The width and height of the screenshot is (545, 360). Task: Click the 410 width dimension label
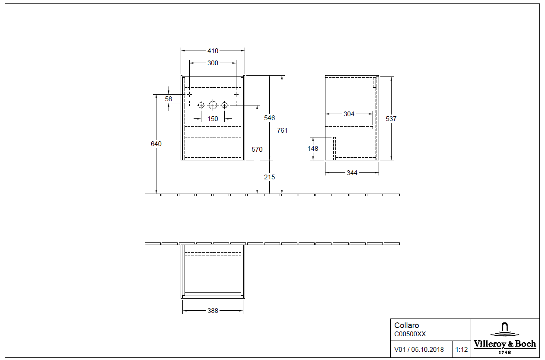213,51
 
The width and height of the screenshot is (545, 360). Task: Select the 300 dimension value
213,63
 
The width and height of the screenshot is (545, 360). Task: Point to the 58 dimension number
169,99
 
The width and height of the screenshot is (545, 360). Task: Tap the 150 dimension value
213,118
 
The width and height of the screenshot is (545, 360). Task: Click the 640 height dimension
156,143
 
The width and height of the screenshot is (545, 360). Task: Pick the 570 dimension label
257,150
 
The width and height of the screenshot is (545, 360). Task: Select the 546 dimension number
269,118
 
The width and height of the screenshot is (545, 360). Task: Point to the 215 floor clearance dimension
269,177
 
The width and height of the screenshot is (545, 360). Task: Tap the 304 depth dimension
349,114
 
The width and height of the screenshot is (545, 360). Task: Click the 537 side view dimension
391,118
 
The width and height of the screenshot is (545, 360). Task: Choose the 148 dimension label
313,149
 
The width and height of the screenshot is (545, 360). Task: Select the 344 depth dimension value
352,173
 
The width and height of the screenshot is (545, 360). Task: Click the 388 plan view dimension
213,310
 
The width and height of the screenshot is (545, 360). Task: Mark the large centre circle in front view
212,105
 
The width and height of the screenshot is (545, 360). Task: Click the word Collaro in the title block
407,325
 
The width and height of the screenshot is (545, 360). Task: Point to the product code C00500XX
410,334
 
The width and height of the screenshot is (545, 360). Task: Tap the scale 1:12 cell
462,349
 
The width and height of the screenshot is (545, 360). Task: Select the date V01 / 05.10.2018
419,349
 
